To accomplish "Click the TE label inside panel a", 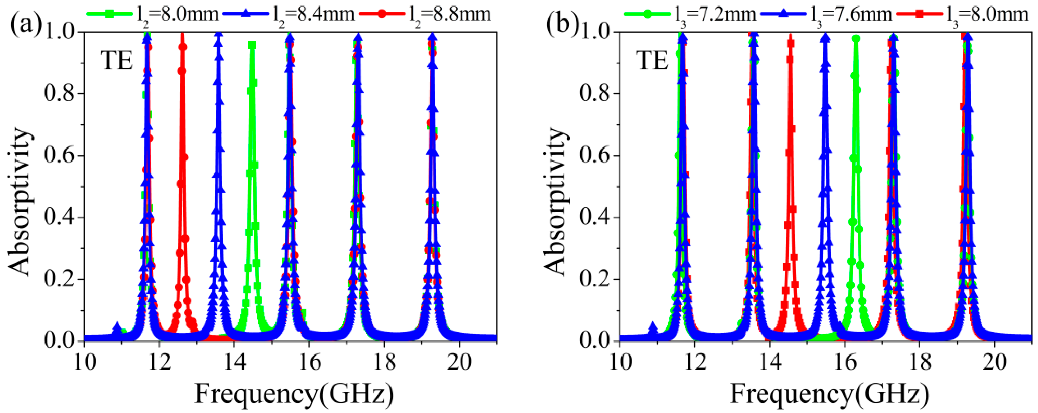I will [117, 62].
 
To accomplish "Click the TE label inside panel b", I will [652, 62].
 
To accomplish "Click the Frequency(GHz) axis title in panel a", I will [294, 394].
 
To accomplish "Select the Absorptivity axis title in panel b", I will [557, 202].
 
